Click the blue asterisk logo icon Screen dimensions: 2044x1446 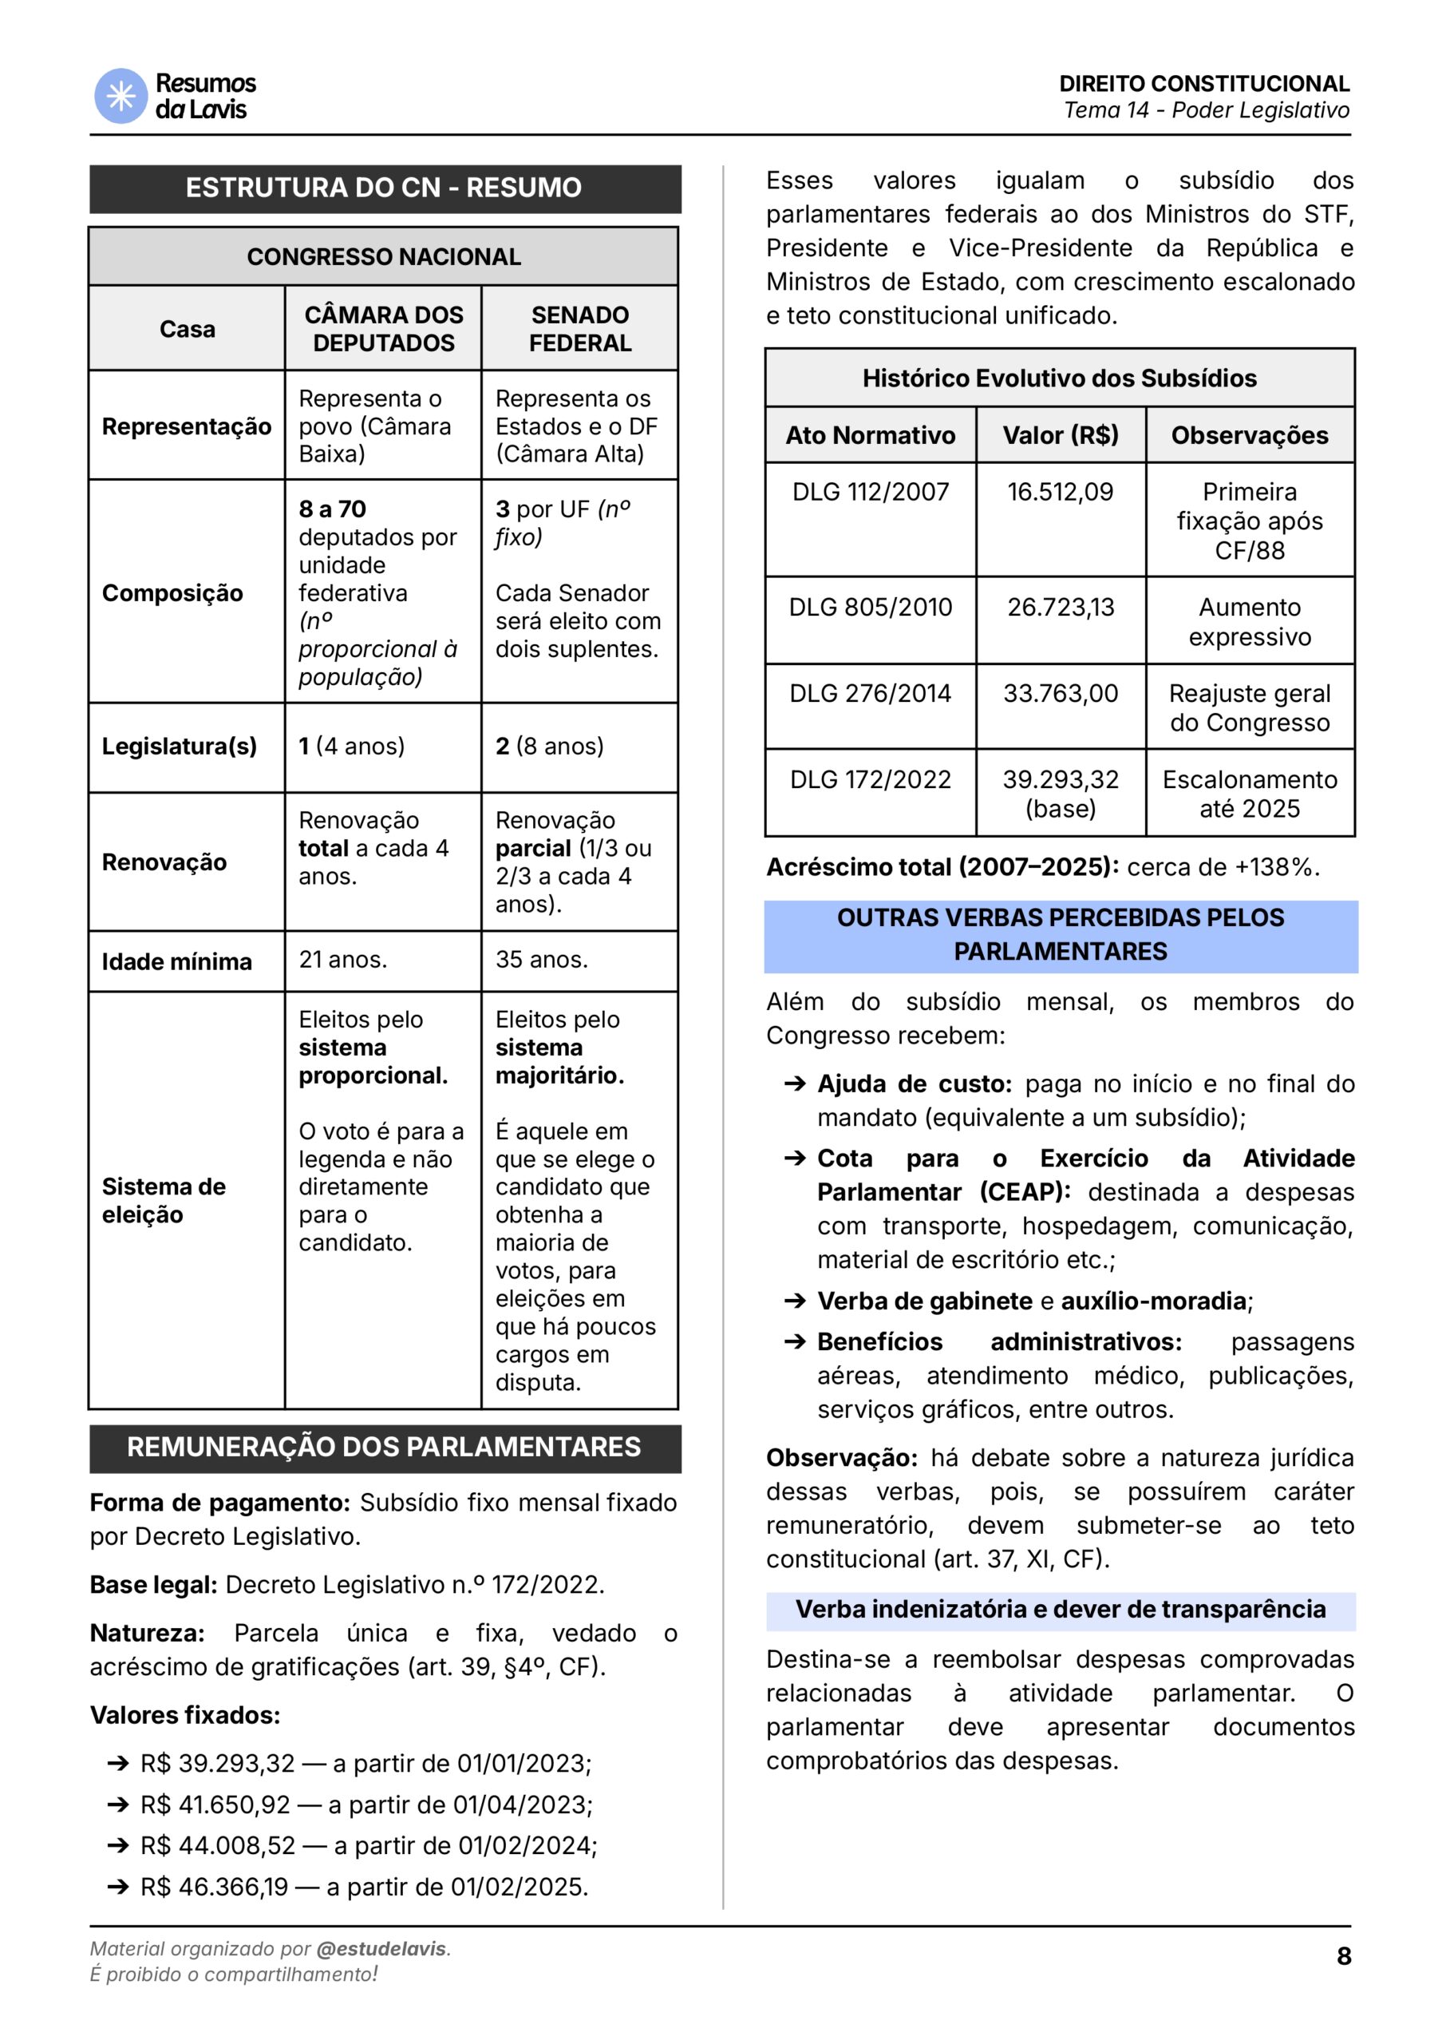pos(120,95)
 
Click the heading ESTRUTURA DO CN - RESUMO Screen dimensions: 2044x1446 pos(384,188)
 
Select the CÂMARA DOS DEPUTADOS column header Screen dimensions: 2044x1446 pos(384,329)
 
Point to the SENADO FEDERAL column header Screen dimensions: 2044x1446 pos(579,329)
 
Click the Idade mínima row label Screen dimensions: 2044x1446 pos(176,962)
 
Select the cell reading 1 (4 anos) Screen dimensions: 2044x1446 pos(352,747)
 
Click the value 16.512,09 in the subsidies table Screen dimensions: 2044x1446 pos(1060,493)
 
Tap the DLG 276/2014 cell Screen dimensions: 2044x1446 pos(870,693)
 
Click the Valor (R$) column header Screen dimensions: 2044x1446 pos(1060,435)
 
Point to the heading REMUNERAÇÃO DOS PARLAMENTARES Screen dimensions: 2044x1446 pos(384,1448)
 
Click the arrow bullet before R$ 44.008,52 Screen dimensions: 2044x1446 pos(117,1845)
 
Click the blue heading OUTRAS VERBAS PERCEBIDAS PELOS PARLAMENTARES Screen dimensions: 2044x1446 pos(1060,935)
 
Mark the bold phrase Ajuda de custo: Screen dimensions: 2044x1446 pos(915,1084)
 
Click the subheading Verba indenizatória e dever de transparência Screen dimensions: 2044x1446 pos(1060,1610)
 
